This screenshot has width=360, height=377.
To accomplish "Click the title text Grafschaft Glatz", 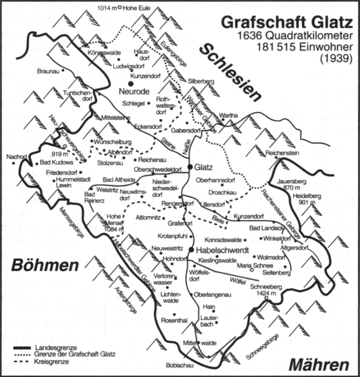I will tap(286, 22).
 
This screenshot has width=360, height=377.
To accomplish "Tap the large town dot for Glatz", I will tap(190, 167).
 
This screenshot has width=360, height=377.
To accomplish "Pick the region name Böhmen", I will tap(45, 266).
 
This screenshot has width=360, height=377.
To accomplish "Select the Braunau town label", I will tap(49, 71).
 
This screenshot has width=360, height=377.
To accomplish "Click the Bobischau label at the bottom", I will tap(178, 366).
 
